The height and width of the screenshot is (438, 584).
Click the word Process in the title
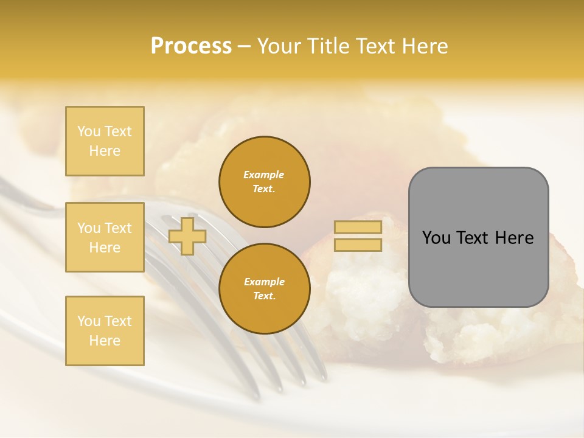click(191, 46)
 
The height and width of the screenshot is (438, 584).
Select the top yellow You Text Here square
click(105, 141)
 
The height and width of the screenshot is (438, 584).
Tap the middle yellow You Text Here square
click(105, 237)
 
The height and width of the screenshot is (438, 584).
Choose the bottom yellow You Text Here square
click(105, 331)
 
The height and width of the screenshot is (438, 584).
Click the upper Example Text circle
click(264, 181)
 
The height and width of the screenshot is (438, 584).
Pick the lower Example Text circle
click(264, 288)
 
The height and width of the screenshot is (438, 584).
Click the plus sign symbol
click(187, 236)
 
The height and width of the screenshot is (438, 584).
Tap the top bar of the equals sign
click(358, 227)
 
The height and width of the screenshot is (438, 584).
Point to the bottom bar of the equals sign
click(358, 245)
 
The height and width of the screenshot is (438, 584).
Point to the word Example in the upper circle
click(264, 175)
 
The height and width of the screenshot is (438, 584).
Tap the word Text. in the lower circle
click(264, 296)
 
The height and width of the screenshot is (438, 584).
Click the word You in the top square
click(89, 131)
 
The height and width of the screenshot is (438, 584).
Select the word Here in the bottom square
click(105, 341)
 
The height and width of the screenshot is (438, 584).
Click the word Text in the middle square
click(118, 228)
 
